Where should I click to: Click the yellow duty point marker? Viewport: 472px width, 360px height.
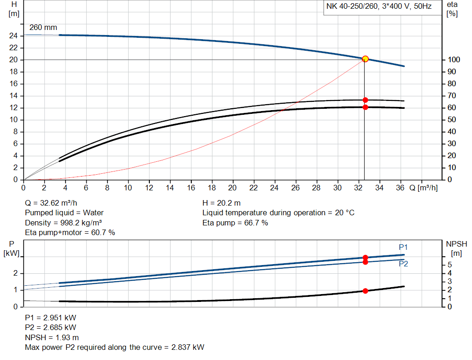[366, 59]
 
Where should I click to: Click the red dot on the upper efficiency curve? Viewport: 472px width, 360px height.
[366, 100]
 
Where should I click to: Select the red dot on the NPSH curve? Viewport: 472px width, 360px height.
[366, 291]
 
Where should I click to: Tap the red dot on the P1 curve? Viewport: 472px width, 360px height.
[366, 258]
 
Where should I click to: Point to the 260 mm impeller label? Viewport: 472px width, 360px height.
[43, 28]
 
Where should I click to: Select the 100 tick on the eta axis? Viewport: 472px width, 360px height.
[453, 60]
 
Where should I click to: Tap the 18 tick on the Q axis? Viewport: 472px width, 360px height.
[212, 188]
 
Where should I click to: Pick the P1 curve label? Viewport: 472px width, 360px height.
[403, 246]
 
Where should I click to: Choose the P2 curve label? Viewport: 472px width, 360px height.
[403, 264]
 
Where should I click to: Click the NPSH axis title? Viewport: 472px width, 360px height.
[456, 244]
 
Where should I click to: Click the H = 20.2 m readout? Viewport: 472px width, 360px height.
[222, 203]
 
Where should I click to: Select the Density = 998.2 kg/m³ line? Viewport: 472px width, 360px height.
[64, 223]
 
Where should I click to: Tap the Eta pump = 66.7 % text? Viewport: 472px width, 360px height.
[235, 223]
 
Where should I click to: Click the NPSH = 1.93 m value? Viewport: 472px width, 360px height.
[52, 337]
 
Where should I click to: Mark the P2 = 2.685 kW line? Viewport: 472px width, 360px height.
[51, 328]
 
